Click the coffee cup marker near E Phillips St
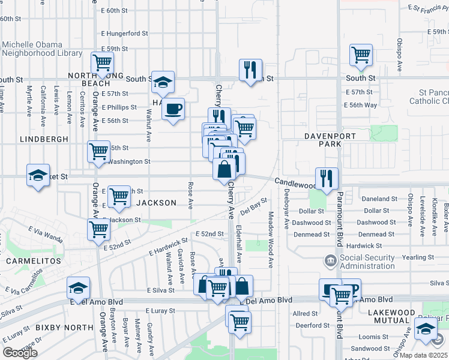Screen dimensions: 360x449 pyautogui.click(x=173, y=109)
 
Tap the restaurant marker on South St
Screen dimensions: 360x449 pyautogui.click(x=250, y=70)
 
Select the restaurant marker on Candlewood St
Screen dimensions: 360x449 pyautogui.click(x=327, y=178)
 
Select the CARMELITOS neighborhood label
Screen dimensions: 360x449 pyautogui.click(x=34, y=262)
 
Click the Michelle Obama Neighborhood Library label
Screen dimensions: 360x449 pyautogui.click(x=42, y=49)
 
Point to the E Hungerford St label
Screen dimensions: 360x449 pyautogui.click(x=125, y=34)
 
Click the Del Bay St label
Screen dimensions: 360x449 pyautogui.click(x=253, y=207)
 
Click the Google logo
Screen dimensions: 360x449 pyautogui.click(x=20, y=352)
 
